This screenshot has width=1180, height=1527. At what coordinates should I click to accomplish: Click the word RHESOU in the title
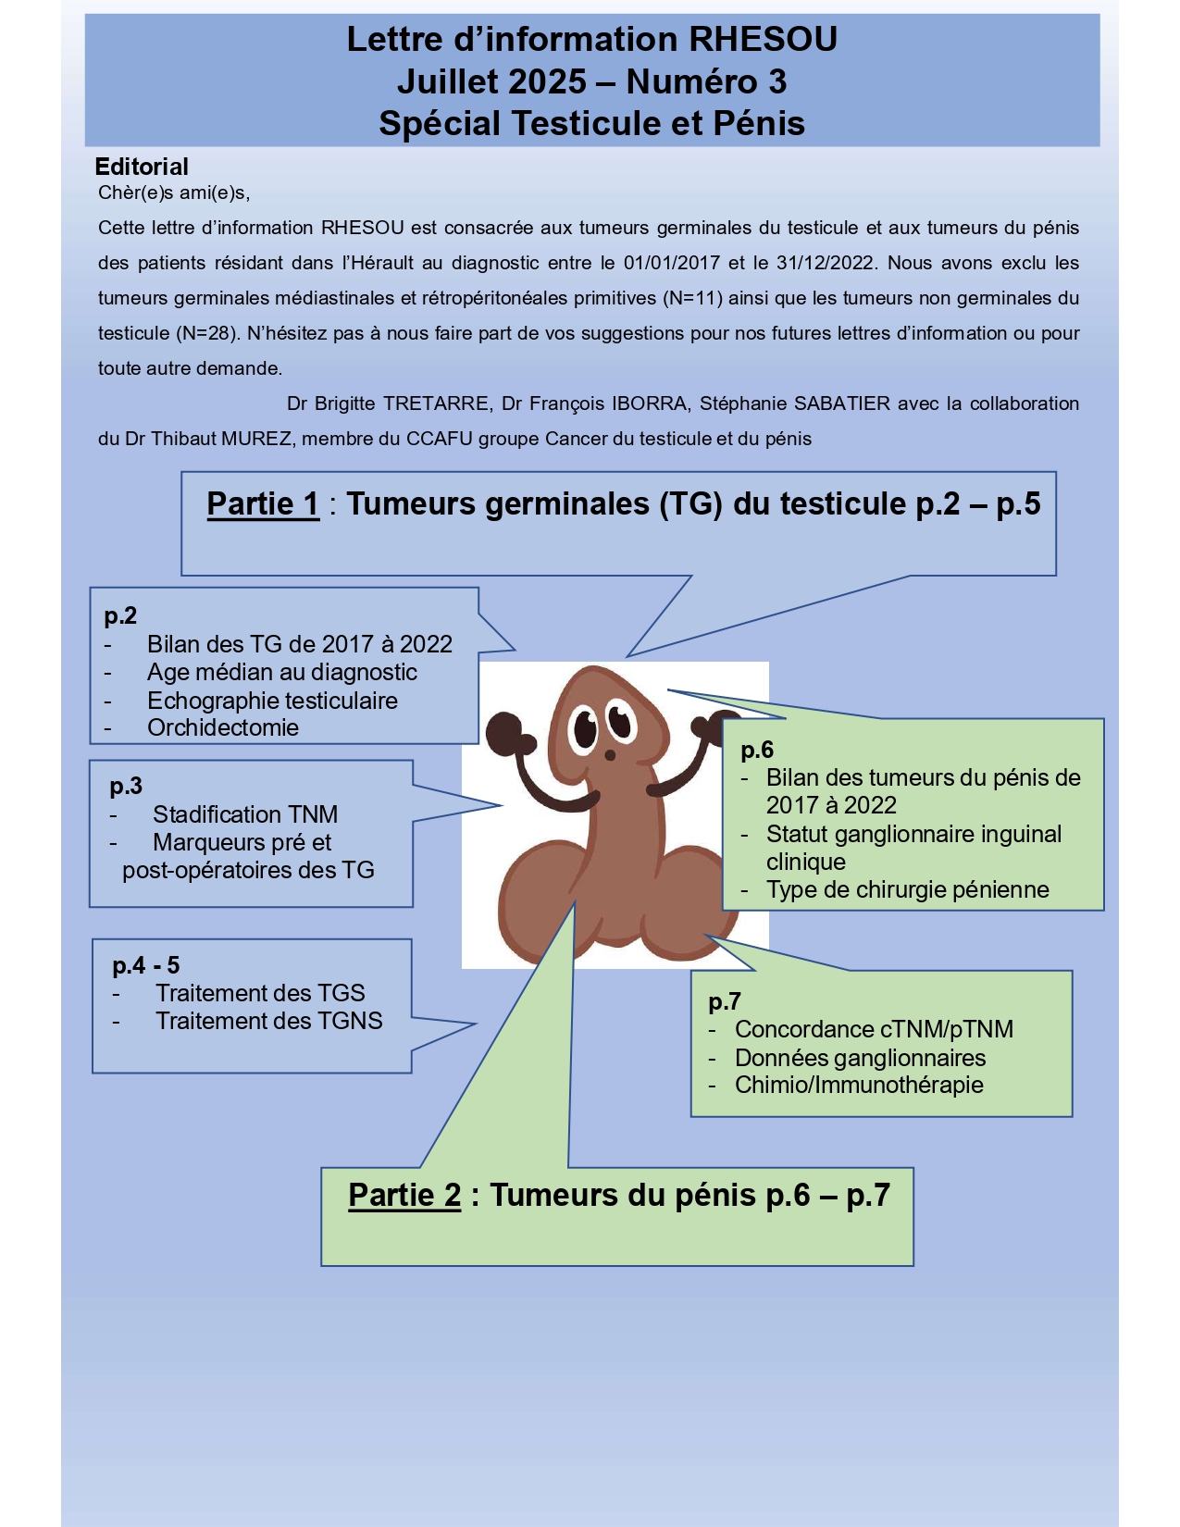[764, 40]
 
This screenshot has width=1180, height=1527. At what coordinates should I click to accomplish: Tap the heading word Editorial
[142, 167]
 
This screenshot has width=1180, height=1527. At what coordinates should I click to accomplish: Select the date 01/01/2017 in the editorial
[671, 263]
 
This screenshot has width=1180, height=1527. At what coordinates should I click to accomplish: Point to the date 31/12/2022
[825, 263]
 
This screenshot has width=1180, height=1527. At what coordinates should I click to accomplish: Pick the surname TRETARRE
[436, 403]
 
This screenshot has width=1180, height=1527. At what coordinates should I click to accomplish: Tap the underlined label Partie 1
[263, 504]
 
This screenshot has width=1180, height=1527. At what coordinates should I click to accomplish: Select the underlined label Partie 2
[404, 1196]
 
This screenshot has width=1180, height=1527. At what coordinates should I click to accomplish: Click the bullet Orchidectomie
[223, 727]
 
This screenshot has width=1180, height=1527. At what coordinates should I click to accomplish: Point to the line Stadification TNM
[245, 814]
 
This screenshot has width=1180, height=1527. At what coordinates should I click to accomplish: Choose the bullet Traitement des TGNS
[268, 1021]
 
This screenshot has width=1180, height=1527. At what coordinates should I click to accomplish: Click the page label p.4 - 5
[146, 965]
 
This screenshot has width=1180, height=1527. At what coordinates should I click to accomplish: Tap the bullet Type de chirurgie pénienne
[907, 889]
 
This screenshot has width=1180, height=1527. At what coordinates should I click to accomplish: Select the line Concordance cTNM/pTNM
[874, 1029]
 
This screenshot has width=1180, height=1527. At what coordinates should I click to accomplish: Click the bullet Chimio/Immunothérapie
[859, 1085]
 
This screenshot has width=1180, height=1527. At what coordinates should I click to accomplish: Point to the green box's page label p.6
[757, 750]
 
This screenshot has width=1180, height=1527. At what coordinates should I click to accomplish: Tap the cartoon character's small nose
[610, 755]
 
